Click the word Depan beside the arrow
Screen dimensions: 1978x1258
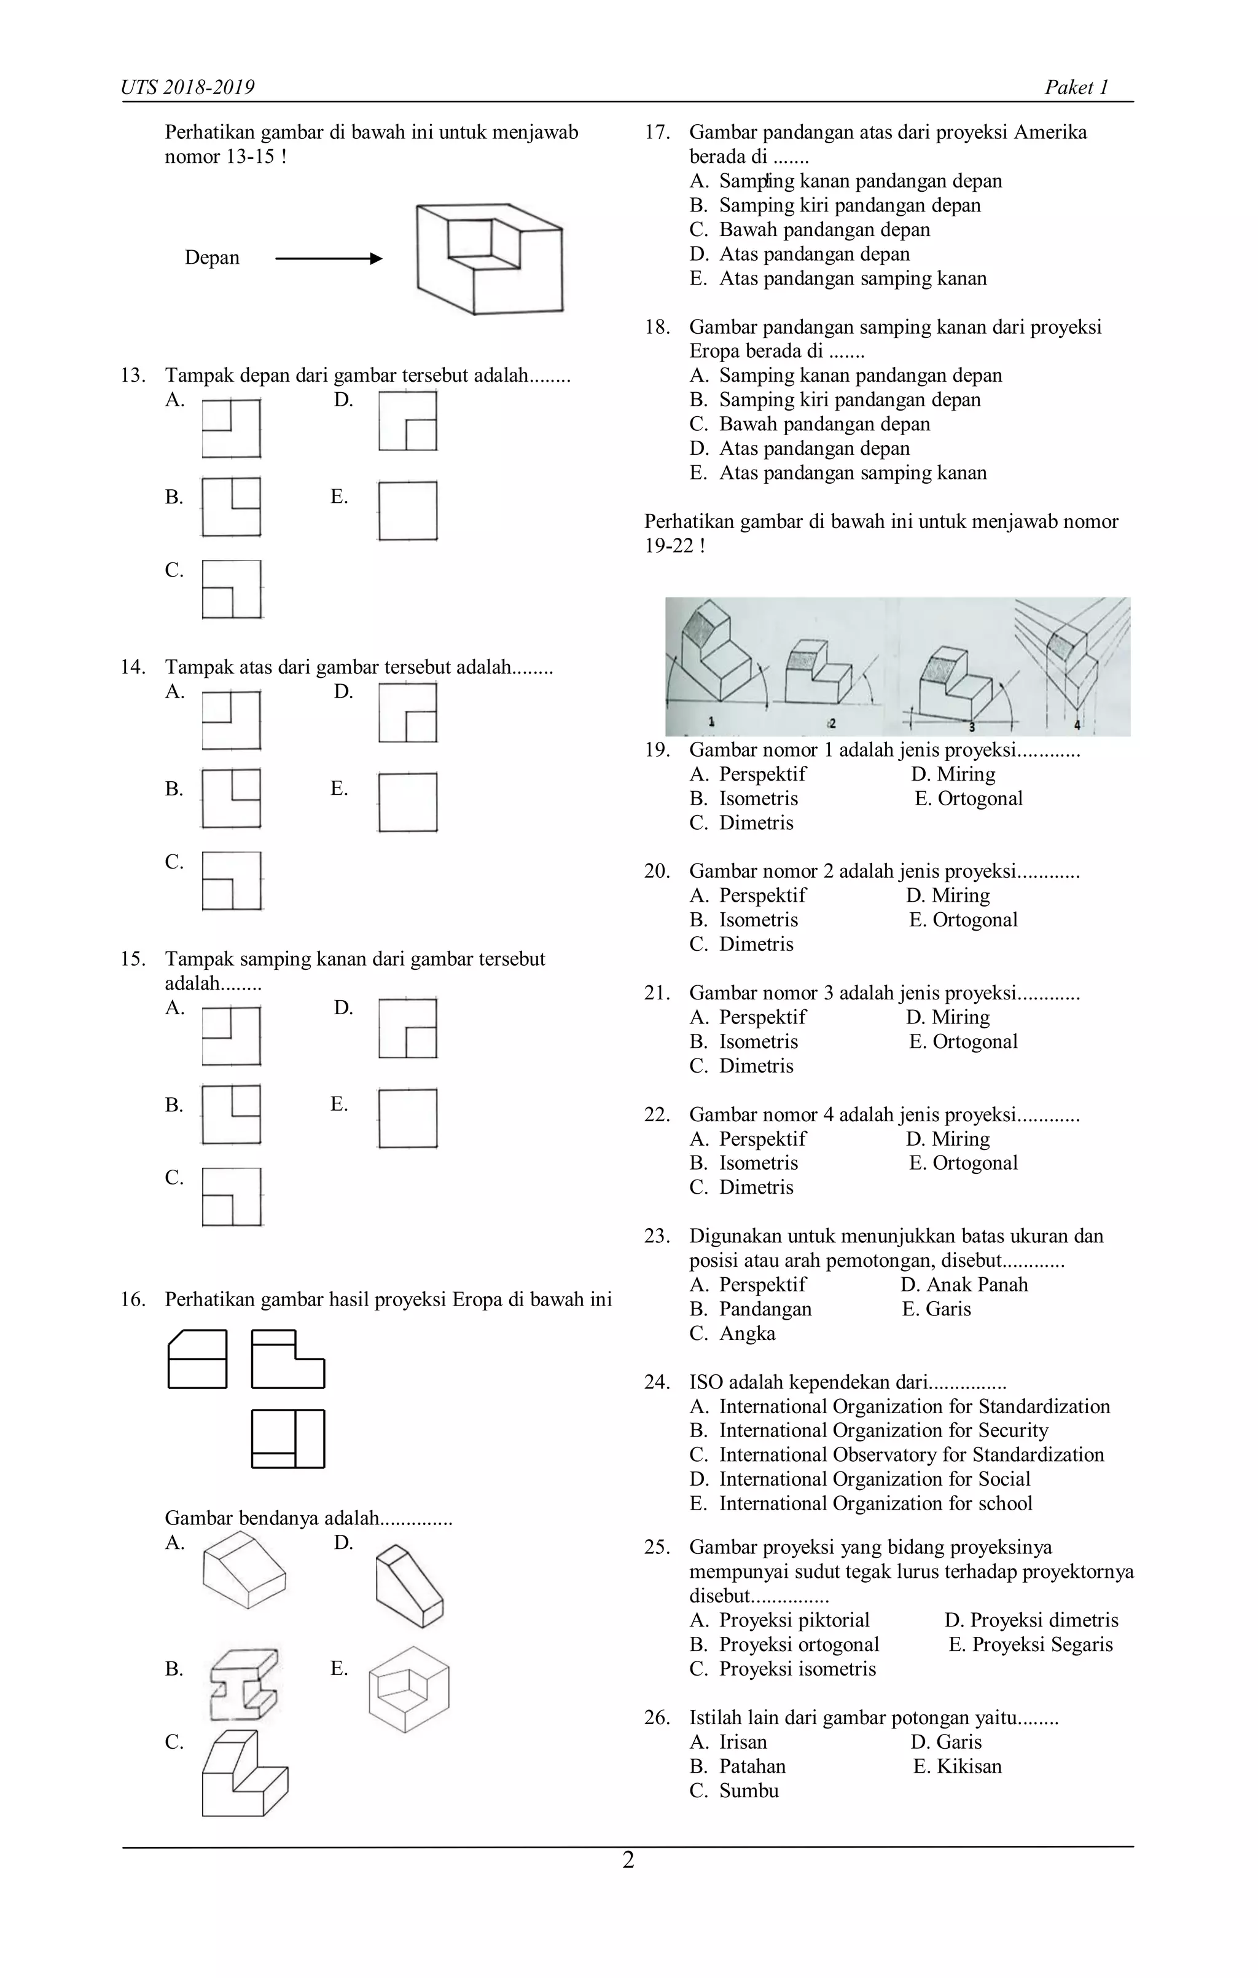pyautogui.click(x=212, y=258)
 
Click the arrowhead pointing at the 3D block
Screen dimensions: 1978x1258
pyautogui.click(x=376, y=259)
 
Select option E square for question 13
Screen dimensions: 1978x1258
pyautogui.click(x=408, y=510)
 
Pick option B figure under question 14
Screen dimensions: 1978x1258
pyautogui.click(x=232, y=798)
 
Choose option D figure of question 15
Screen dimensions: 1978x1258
pyautogui.click(x=408, y=1028)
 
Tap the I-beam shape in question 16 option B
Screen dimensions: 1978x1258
pyautogui.click(x=244, y=1684)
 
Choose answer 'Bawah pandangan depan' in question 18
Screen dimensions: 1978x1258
pyautogui.click(x=824, y=424)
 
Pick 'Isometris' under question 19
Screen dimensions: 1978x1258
pyautogui.click(x=758, y=798)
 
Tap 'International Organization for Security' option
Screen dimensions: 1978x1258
pyautogui.click(x=883, y=1430)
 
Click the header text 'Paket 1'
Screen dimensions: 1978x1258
pyautogui.click(x=1077, y=87)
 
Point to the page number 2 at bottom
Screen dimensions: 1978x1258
pyautogui.click(x=628, y=1861)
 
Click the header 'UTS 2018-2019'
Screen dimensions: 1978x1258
pyautogui.click(x=188, y=87)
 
